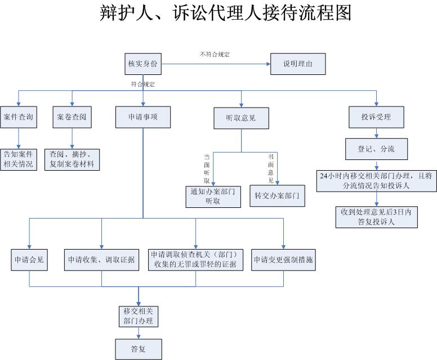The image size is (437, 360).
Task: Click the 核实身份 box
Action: pos(143,64)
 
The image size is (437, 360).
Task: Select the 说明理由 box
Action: pos(298,64)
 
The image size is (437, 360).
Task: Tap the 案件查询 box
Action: pos(18,117)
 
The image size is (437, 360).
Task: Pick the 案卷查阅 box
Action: pos(72,117)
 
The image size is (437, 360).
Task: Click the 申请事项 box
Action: pos(143,117)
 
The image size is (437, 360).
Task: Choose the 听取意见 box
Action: pos(240,118)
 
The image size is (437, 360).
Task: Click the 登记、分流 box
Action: pos(376,149)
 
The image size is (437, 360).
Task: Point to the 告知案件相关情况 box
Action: pos(19,159)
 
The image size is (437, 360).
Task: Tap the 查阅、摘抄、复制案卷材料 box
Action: pos(73,159)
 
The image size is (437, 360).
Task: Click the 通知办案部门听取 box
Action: pos(213,196)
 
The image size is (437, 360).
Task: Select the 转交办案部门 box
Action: pos(276,196)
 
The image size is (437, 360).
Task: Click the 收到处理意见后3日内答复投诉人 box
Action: pos(376,217)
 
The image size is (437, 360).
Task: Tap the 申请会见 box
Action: pos(29,260)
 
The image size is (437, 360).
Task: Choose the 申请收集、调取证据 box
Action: pos(101,260)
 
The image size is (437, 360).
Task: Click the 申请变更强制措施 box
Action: pos(283,260)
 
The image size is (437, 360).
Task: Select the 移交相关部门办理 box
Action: pos(138,316)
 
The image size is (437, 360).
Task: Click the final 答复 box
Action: pos(138,349)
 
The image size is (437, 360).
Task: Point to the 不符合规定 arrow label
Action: pos(215,54)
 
